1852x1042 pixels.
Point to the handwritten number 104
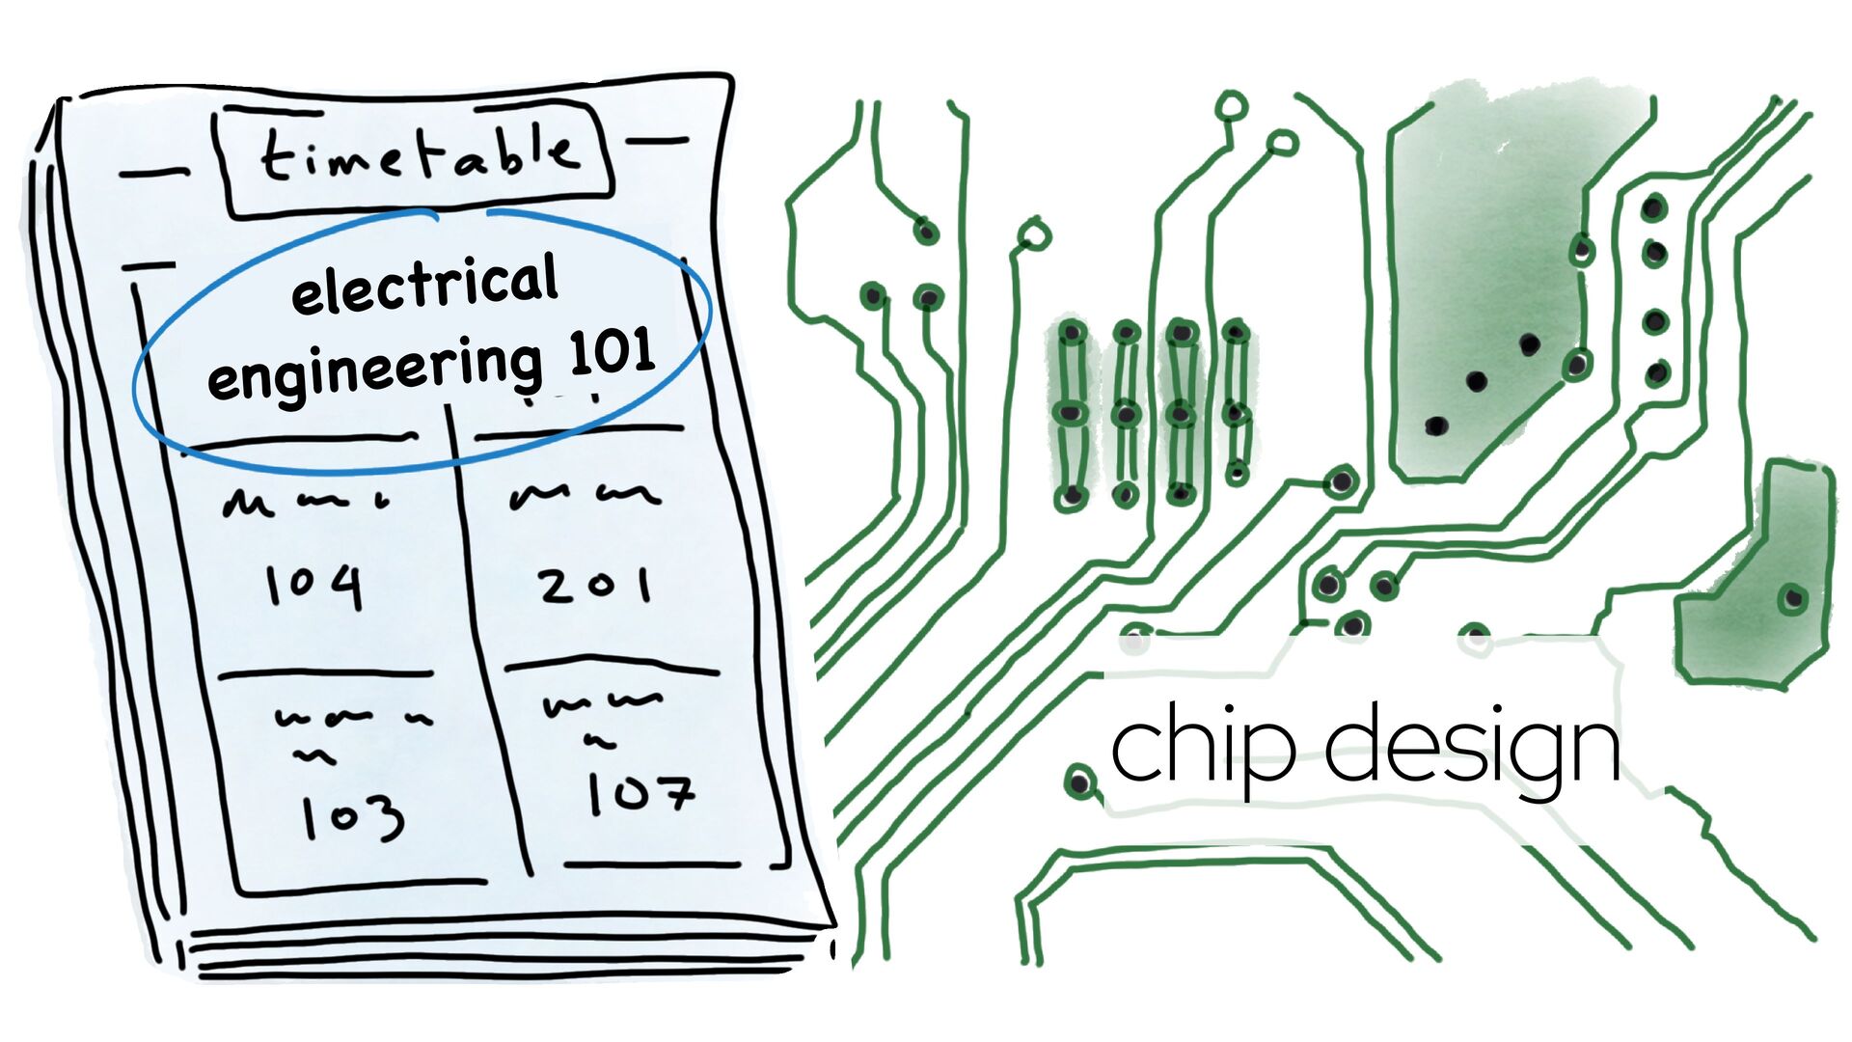click(314, 585)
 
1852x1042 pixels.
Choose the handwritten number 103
click(352, 818)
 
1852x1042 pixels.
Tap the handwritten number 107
click(640, 793)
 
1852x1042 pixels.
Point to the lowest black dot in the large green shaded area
click(1435, 425)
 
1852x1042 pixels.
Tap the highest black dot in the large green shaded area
click(1529, 343)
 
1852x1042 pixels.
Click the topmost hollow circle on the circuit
click(1232, 105)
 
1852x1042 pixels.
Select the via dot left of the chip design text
click(1078, 780)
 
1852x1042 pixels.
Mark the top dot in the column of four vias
click(1654, 207)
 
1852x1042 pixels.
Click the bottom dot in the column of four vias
click(1656, 371)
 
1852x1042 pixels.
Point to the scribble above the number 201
click(586, 496)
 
